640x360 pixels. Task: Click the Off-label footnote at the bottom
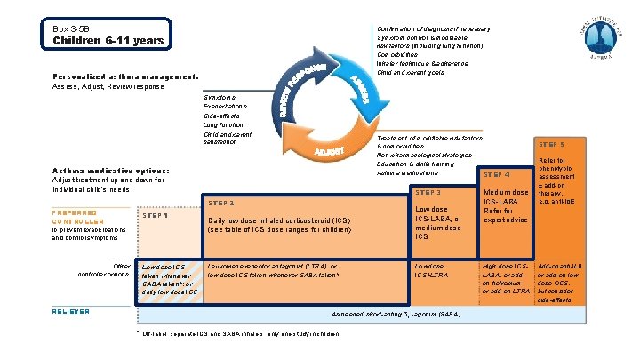pyautogui.click(x=236, y=333)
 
